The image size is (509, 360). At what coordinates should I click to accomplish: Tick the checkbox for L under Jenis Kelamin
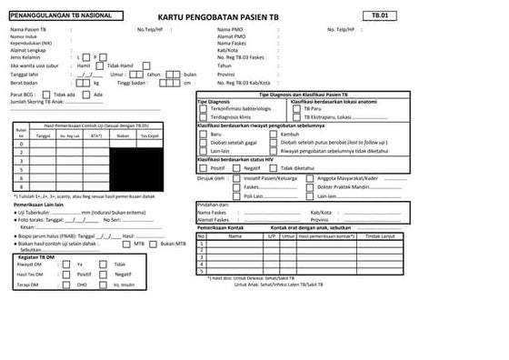[x=81, y=56]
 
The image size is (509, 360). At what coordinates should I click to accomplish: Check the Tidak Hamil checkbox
[x=101, y=65]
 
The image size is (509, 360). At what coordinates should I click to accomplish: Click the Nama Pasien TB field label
[x=29, y=30]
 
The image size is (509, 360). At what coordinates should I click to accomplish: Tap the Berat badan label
[x=25, y=83]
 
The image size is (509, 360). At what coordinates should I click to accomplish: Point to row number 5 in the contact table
[x=202, y=270]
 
